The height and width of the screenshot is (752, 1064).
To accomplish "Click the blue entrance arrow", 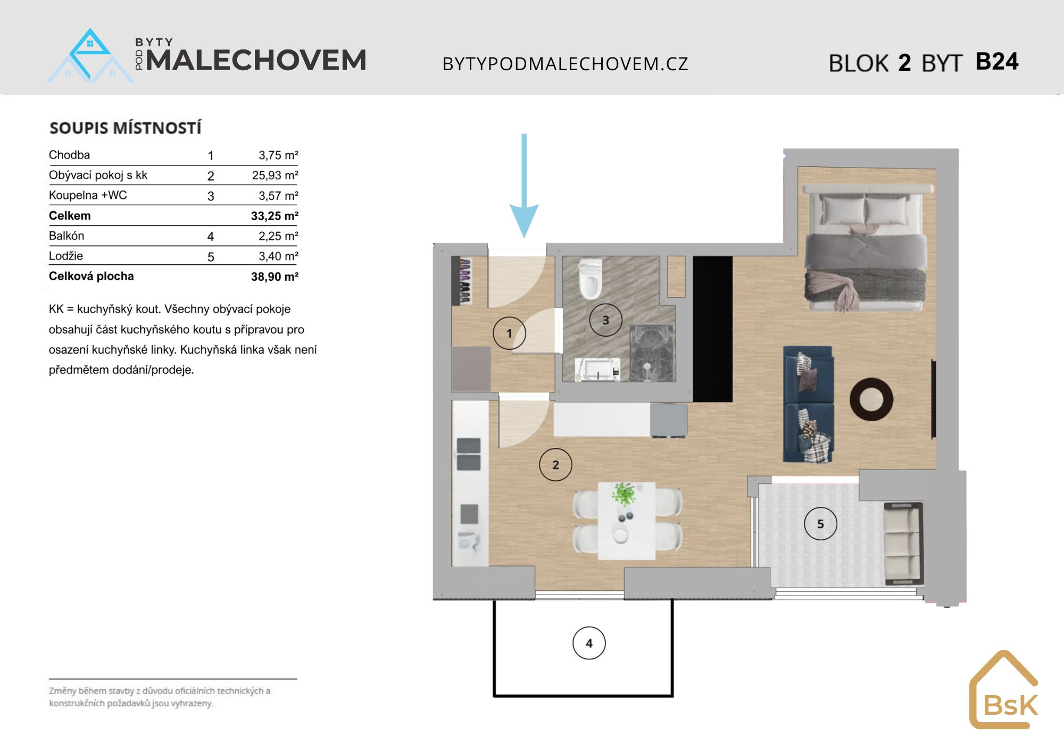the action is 524,186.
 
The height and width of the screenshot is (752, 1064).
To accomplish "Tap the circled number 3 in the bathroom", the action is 605,320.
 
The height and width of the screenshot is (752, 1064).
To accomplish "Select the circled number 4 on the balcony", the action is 589,643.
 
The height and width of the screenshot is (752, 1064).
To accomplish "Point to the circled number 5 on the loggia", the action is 820,524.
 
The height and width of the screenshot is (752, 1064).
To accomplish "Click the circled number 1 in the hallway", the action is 509,333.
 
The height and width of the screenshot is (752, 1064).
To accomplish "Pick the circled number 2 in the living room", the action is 555,465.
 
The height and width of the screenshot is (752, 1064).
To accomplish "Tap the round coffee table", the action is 871,399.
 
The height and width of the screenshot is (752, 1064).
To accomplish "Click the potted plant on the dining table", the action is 624,495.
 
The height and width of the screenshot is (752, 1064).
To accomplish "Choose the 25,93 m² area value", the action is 275,175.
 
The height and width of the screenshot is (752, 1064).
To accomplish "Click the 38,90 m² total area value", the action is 275,277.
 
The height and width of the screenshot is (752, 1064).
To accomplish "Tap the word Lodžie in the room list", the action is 66,256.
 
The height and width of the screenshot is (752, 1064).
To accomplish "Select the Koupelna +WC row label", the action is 88,195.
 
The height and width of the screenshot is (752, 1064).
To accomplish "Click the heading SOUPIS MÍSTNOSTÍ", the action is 126,128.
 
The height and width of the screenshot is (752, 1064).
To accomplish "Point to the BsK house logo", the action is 1004,689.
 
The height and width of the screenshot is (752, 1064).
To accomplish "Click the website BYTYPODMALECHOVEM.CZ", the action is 566,64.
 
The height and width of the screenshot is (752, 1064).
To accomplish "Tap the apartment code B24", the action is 997,62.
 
